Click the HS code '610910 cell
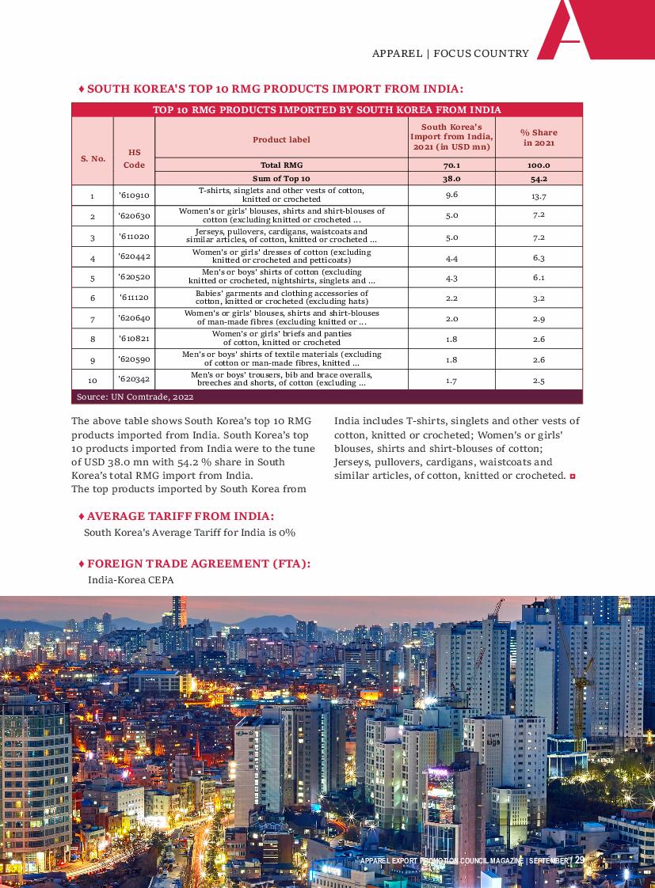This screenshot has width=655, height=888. coord(133,195)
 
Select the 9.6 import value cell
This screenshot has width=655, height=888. coord(451,195)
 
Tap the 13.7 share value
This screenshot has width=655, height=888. coord(539,195)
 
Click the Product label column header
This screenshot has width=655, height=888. coord(281,140)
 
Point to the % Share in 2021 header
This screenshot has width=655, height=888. coord(539,138)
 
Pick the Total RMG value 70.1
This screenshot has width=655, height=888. coord(451,165)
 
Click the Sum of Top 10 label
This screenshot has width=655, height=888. coord(281,179)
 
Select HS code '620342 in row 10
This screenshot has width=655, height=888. coord(133,380)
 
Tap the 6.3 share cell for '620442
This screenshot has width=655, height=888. coord(539,258)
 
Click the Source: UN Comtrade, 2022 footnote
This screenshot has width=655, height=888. coord(135,397)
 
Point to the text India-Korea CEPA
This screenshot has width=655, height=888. coord(131,580)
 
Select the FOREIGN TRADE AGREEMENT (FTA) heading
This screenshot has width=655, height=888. coord(198,564)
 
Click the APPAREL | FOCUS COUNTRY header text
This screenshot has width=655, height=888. coord(450,54)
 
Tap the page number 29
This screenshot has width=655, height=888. coord(579,860)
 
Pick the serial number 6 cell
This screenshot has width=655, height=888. coord(93,298)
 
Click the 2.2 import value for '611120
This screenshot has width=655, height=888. coord(451,298)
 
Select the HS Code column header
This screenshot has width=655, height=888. coord(134,158)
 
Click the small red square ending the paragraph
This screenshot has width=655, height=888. coord(572,476)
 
